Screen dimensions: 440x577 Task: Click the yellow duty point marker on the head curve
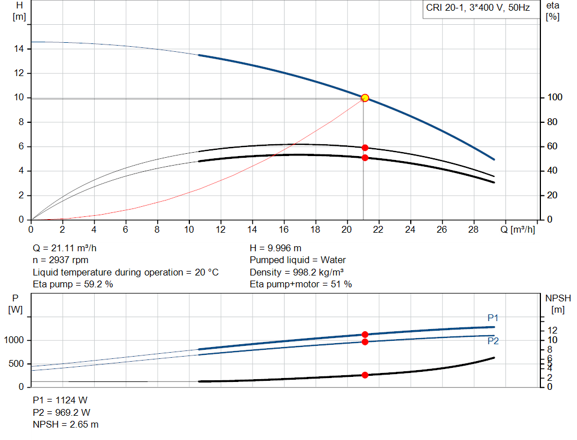pyautogui.click(x=365, y=98)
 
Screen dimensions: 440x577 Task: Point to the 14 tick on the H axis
pyautogui.click(x=19, y=49)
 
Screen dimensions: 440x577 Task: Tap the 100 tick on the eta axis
pyautogui.click(x=554, y=97)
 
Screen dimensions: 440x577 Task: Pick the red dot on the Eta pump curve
pyautogui.click(x=365, y=148)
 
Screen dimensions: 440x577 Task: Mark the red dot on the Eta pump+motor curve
pyautogui.click(x=365, y=158)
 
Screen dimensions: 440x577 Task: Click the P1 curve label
pyautogui.click(x=493, y=318)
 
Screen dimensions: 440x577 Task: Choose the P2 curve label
pyautogui.click(x=493, y=340)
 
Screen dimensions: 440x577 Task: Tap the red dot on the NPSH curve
pyautogui.click(x=365, y=375)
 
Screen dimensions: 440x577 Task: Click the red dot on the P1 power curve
pyautogui.click(x=365, y=335)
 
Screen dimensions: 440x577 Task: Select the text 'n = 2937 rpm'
pyautogui.click(x=61, y=260)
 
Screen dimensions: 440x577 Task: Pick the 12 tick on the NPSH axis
pyautogui.click(x=553, y=330)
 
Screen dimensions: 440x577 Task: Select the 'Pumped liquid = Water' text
pyautogui.click(x=298, y=260)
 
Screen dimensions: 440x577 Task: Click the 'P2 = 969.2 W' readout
pyautogui.click(x=60, y=412)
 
